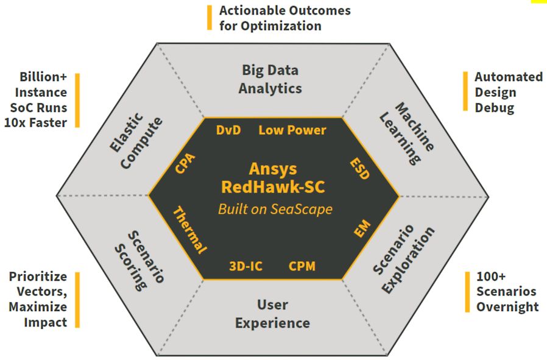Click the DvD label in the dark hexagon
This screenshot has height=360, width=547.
tap(228, 130)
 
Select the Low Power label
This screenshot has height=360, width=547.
tap(292, 130)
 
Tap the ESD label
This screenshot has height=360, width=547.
tap(359, 169)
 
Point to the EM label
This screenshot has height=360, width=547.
tap(362, 230)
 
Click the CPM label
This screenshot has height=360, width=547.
tap(302, 266)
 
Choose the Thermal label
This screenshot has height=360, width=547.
tap(190, 230)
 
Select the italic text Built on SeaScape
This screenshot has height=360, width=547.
tap(275, 209)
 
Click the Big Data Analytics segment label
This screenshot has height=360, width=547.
tap(270, 79)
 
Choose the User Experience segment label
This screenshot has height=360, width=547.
tap(272, 314)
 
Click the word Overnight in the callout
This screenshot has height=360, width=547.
tap(507, 306)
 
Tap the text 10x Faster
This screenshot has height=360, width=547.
tap(39, 121)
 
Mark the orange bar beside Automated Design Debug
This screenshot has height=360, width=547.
tap(464, 93)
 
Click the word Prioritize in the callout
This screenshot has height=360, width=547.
tap(38, 277)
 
